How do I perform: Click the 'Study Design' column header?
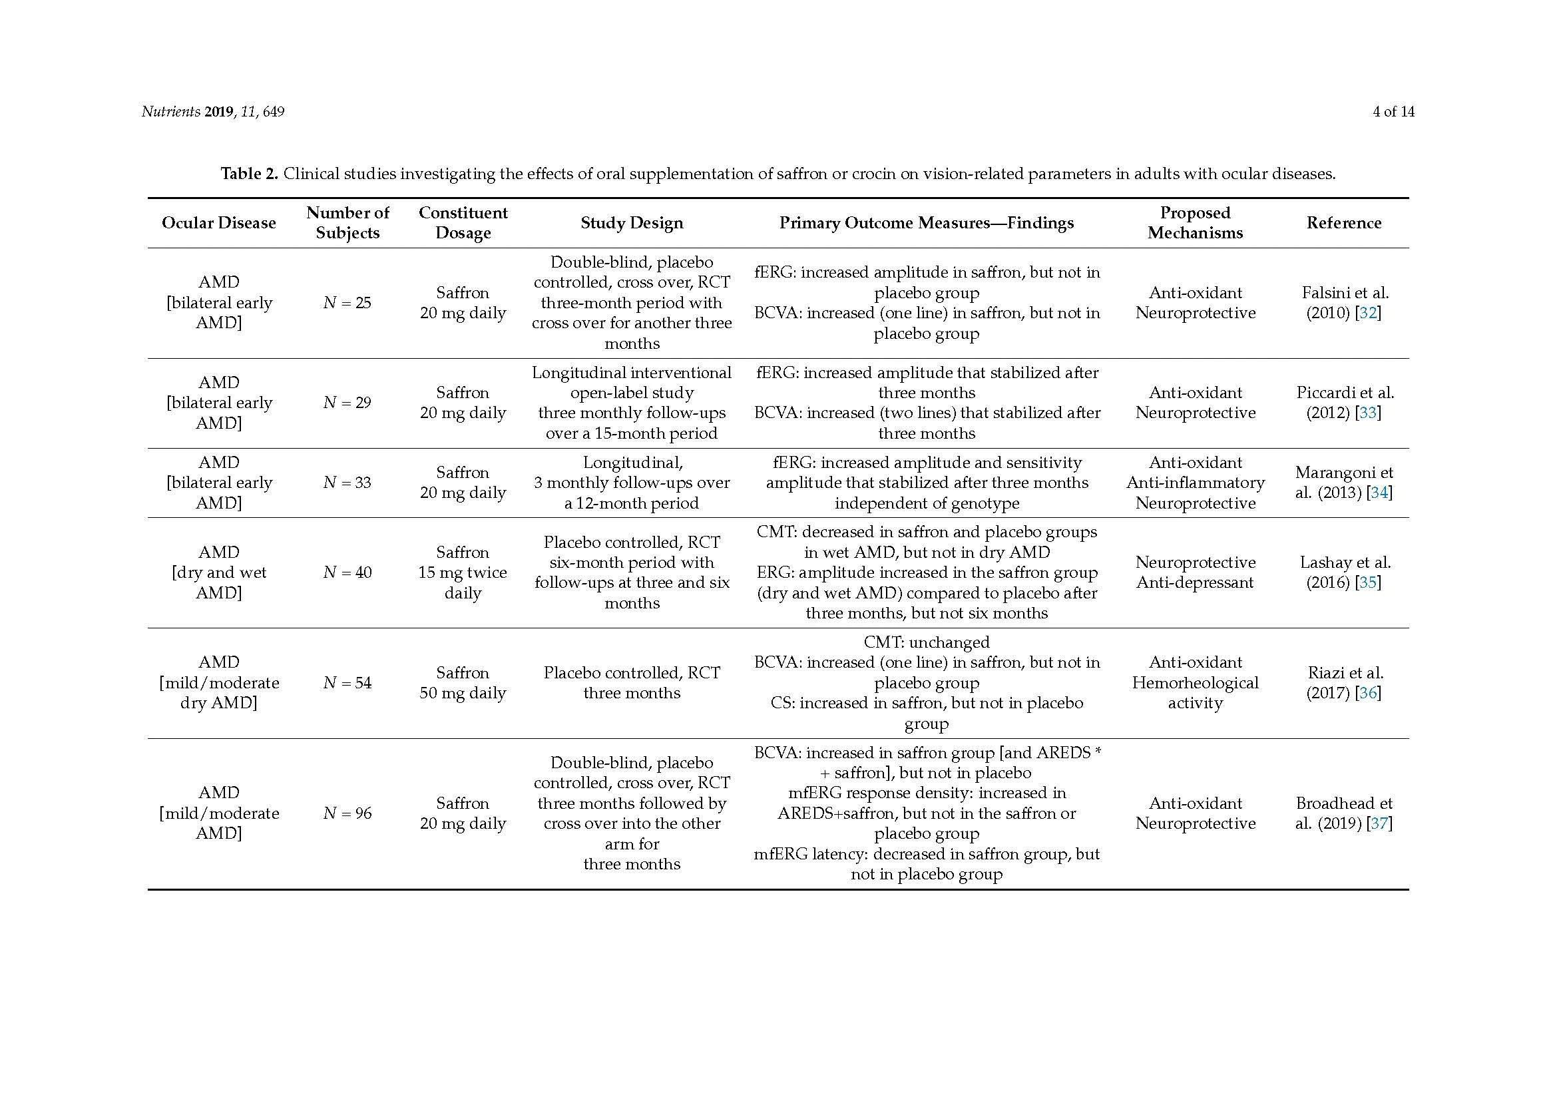point(631,223)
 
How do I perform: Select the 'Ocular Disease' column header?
point(218,223)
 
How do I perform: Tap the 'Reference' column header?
point(1343,223)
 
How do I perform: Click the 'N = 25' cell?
point(347,303)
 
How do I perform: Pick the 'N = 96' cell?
point(347,813)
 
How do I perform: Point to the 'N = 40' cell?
point(347,572)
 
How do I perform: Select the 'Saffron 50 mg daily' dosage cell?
point(463,683)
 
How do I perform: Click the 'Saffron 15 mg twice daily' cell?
point(463,572)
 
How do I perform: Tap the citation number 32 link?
point(1368,314)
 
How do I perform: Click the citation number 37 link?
point(1379,823)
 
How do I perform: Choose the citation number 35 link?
point(1368,582)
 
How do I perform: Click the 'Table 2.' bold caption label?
point(250,174)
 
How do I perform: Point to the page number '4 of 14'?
point(1393,112)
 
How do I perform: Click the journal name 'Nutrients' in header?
point(170,112)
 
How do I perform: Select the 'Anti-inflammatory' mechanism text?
point(1195,483)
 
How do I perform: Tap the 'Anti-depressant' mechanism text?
point(1195,582)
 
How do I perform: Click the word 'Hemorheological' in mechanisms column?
point(1195,683)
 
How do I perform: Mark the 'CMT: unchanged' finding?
point(927,642)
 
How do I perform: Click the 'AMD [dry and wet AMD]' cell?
point(218,572)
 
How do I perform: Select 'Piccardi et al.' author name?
point(1345,393)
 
